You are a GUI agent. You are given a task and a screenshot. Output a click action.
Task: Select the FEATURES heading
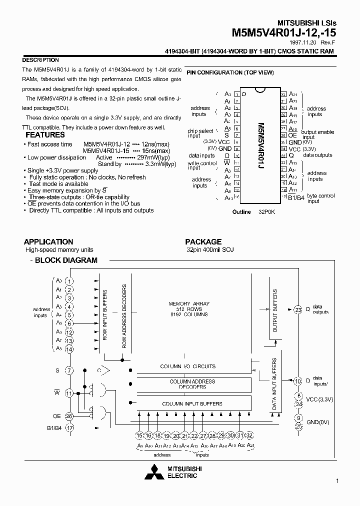[x=45, y=134]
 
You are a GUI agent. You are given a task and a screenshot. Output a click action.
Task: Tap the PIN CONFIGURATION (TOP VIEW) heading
[x=230, y=73]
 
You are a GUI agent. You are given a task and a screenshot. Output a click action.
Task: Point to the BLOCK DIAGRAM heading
[x=66, y=260]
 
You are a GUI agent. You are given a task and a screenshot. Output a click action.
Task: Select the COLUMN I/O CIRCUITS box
[x=188, y=366]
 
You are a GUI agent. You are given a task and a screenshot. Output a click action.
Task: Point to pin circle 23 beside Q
[x=298, y=309]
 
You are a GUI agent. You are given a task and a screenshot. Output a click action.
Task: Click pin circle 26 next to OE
[x=69, y=415]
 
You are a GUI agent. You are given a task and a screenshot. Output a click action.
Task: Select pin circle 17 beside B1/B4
[x=69, y=427]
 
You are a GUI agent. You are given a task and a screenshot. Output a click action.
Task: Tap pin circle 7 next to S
[x=69, y=370]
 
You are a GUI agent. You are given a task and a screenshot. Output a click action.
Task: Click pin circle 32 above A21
[x=250, y=435]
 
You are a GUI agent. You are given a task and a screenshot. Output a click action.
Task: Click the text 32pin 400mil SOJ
[x=210, y=249]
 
